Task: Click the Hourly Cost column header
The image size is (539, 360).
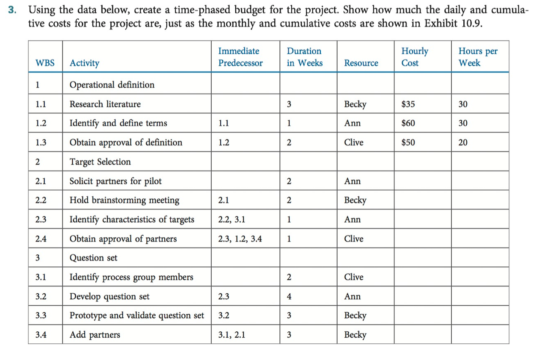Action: (414, 57)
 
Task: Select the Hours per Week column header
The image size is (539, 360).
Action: (477, 57)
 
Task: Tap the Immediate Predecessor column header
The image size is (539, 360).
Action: (240, 57)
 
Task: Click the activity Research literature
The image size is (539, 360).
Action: (105, 104)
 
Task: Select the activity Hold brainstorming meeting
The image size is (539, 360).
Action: (124, 200)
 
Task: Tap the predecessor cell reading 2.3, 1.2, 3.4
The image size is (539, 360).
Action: (240, 239)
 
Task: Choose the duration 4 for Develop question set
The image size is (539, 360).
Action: (289, 296)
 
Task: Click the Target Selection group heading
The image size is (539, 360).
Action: (100, 162)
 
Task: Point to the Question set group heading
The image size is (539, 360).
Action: (93, 258)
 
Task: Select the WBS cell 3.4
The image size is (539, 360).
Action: (41, 335)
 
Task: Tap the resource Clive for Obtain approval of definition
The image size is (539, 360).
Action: (354, 142)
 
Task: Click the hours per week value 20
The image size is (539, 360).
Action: (463, 142)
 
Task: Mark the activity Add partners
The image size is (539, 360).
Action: (95, 335)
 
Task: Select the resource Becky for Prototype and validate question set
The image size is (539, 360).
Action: (355, 316)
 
